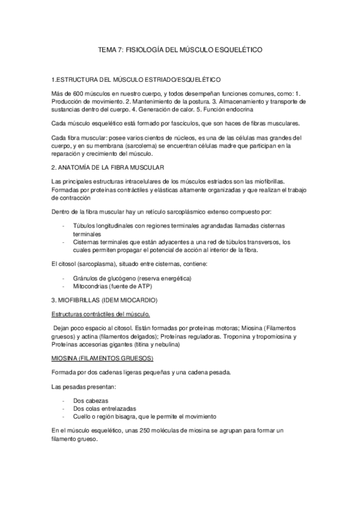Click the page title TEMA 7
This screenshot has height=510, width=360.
(180, 53)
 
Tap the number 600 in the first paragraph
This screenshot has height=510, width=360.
(81, 94)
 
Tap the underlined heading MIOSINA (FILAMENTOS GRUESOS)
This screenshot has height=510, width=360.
(103, 358)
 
